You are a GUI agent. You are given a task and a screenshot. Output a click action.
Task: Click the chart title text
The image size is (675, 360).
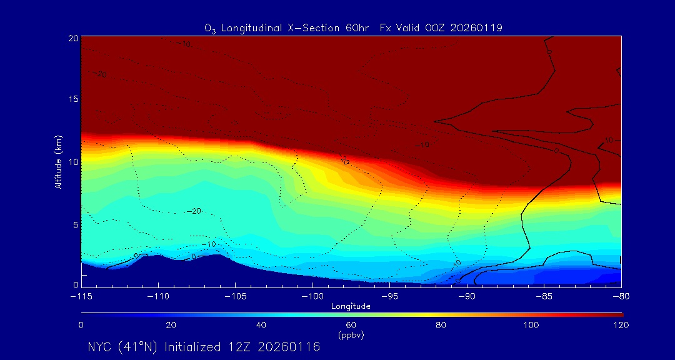[x=353, y=27]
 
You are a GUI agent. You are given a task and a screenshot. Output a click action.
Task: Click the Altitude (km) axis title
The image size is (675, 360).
[x=58, y=162]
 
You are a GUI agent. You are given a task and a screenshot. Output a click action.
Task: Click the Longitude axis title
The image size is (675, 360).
[x=351, y=306]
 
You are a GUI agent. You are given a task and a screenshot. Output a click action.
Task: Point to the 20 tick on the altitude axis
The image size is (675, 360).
[x=72, y=38]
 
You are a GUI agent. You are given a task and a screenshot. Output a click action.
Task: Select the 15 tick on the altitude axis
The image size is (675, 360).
[x=72, y=99]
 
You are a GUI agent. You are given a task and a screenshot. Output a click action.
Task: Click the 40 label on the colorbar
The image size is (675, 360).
[x=261, y=325]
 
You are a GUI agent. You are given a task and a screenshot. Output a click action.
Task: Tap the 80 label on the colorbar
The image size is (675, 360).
[x=441, y=325]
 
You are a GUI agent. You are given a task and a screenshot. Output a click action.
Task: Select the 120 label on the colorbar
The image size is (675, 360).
[x=621, y=325]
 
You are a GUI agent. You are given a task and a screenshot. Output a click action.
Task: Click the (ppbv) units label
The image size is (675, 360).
[x=351, y=335]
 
